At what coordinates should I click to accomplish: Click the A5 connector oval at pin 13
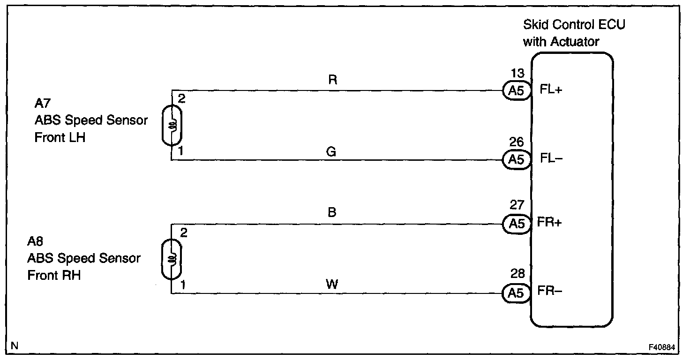coord(517,90)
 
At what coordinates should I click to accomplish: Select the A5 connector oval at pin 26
coord(517,160)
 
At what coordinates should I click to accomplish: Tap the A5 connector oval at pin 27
coord(517,224)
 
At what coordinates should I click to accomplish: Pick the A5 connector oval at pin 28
coord(517,293)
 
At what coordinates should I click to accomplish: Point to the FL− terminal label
coord(551,159)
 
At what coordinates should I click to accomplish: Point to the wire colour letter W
coord(331,284)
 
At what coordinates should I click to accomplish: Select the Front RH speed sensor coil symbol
coord(172,259)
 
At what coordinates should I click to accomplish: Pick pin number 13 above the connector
coord(517,74)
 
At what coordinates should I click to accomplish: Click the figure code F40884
coord(662,347)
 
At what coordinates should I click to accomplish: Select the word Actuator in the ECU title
coord(575,42)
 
